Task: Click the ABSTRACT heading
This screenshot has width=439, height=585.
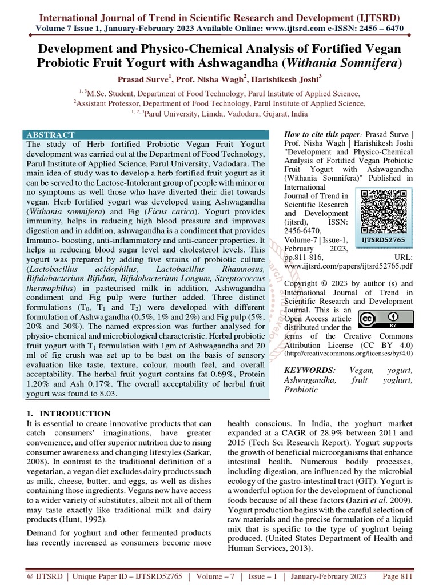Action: pos(51,135)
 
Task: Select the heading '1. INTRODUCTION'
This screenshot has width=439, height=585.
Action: pos(69,413)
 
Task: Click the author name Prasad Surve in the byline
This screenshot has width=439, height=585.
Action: pos(141,81)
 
